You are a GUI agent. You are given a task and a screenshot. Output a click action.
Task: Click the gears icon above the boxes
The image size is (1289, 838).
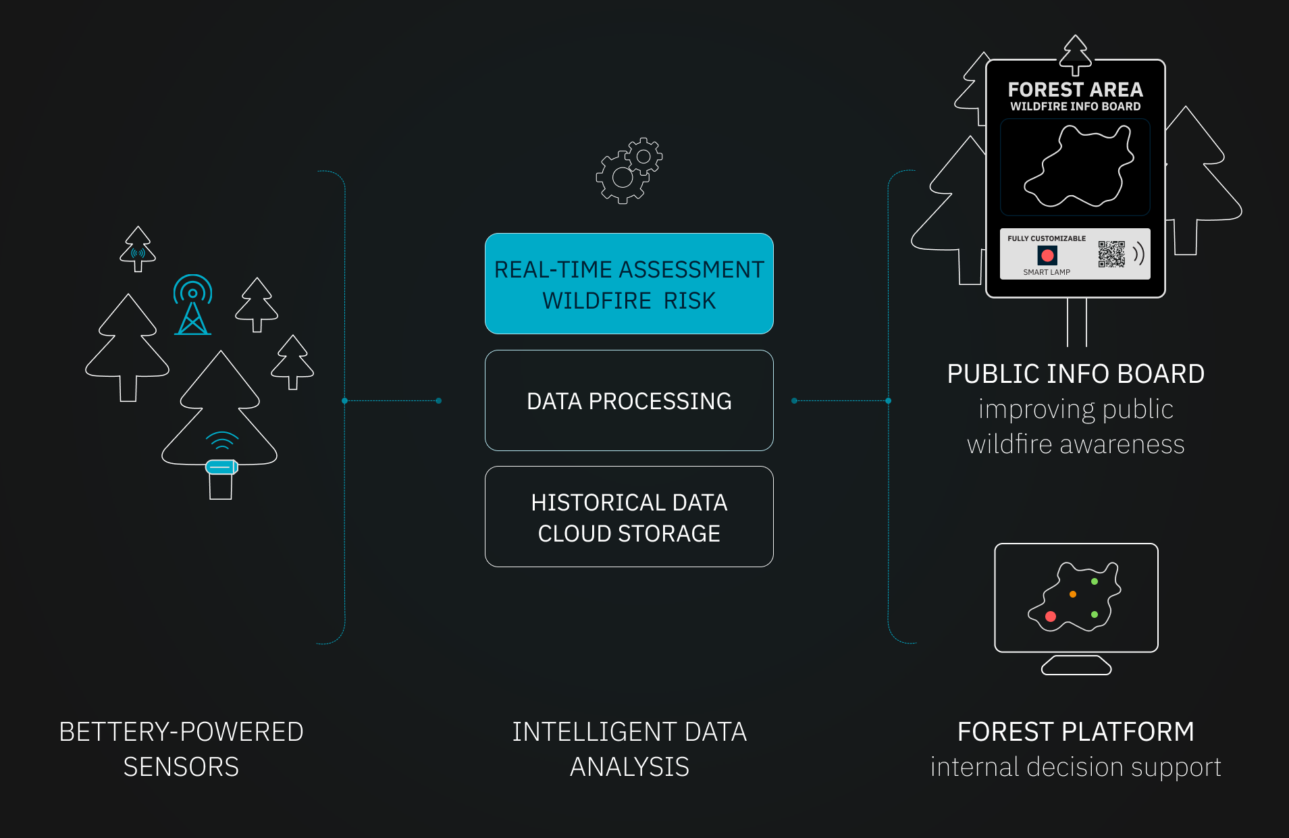pos(629,170)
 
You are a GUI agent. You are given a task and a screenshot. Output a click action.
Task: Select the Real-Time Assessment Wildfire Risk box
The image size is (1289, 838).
pos(629,284)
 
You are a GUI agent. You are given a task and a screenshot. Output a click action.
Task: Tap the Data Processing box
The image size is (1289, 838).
pos(629,400)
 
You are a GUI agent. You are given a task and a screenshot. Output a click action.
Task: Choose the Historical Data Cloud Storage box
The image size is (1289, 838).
pos(629,517)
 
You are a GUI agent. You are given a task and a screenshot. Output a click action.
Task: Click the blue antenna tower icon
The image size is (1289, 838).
pos(193,305)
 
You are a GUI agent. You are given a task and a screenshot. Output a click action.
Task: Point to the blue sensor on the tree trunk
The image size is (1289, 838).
pos(221,467)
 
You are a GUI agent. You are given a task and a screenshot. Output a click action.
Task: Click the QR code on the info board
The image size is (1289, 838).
pos(1111,254)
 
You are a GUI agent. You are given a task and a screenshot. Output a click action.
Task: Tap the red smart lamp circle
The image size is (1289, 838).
pos(1047,255)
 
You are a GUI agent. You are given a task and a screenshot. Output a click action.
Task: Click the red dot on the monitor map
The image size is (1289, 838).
pos(1050,616)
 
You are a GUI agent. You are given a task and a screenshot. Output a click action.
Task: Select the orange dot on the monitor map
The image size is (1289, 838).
pos(1072,594)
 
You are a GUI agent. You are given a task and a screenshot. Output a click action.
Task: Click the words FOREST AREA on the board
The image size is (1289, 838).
pos(1075,89)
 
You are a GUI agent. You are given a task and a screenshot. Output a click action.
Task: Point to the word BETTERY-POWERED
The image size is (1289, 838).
pos(181,732)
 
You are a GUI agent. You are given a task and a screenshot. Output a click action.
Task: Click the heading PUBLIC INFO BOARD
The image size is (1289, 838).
pos(1076,373)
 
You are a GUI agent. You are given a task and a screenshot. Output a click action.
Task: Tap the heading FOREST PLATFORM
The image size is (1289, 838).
pos(1076,732)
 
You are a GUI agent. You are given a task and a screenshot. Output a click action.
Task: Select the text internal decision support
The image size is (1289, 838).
pos(1076,767)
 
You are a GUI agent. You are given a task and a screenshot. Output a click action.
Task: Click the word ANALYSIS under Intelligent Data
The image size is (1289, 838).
pos(629,767)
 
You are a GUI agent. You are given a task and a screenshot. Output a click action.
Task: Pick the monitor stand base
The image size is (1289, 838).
pos(1076,665)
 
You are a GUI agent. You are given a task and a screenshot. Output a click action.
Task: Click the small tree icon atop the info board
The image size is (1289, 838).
pos(1075,54)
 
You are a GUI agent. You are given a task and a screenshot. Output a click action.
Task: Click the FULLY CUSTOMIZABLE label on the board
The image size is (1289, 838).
pos(1047,238)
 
